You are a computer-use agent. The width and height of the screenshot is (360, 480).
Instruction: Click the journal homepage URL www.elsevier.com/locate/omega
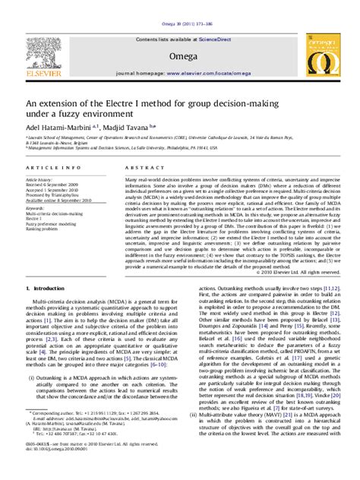(x=216, y=75)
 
